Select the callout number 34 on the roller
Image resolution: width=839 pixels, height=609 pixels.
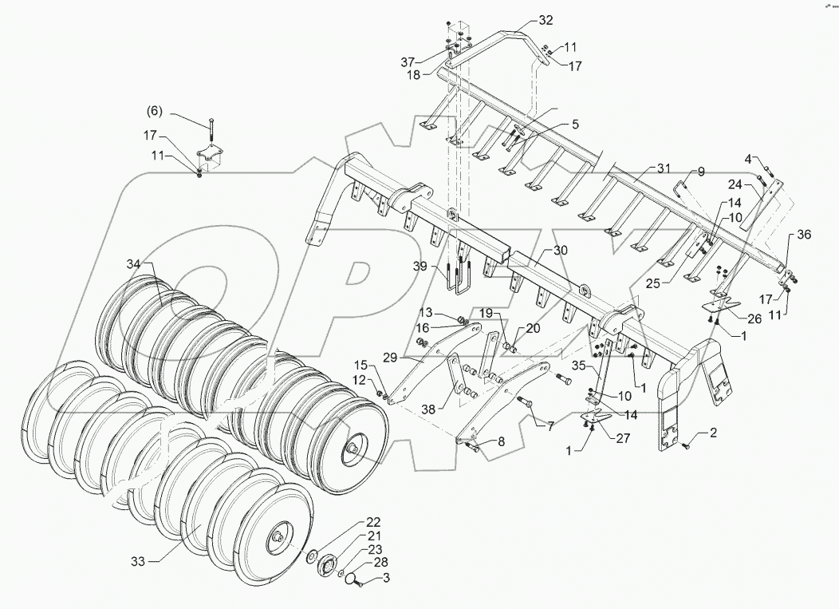pos(132,263)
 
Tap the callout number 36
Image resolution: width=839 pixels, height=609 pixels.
pos(804,234)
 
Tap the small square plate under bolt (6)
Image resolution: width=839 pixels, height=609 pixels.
pos(210,157)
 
